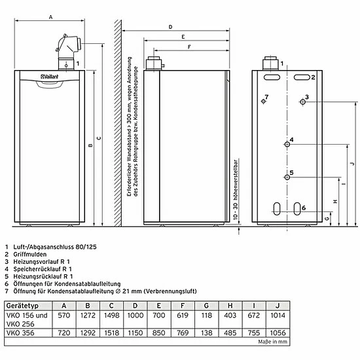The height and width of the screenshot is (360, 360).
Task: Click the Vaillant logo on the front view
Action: click(50, 77)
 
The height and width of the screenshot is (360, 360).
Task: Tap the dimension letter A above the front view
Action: click(51, 17)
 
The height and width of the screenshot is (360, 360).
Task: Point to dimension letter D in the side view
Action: click(170, 27)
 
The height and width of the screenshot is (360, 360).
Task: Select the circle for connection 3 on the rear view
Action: click(303, 101)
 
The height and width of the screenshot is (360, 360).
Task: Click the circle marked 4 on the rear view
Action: click(287, 144)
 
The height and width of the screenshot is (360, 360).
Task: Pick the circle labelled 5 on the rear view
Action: click(287, 177)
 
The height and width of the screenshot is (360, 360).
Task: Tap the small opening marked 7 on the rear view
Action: click(263, 101)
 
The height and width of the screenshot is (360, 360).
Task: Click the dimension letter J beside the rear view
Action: click(353, 164)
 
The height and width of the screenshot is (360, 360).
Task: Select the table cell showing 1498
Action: click(111, 315)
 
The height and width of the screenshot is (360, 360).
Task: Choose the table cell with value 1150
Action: click(135, 333)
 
